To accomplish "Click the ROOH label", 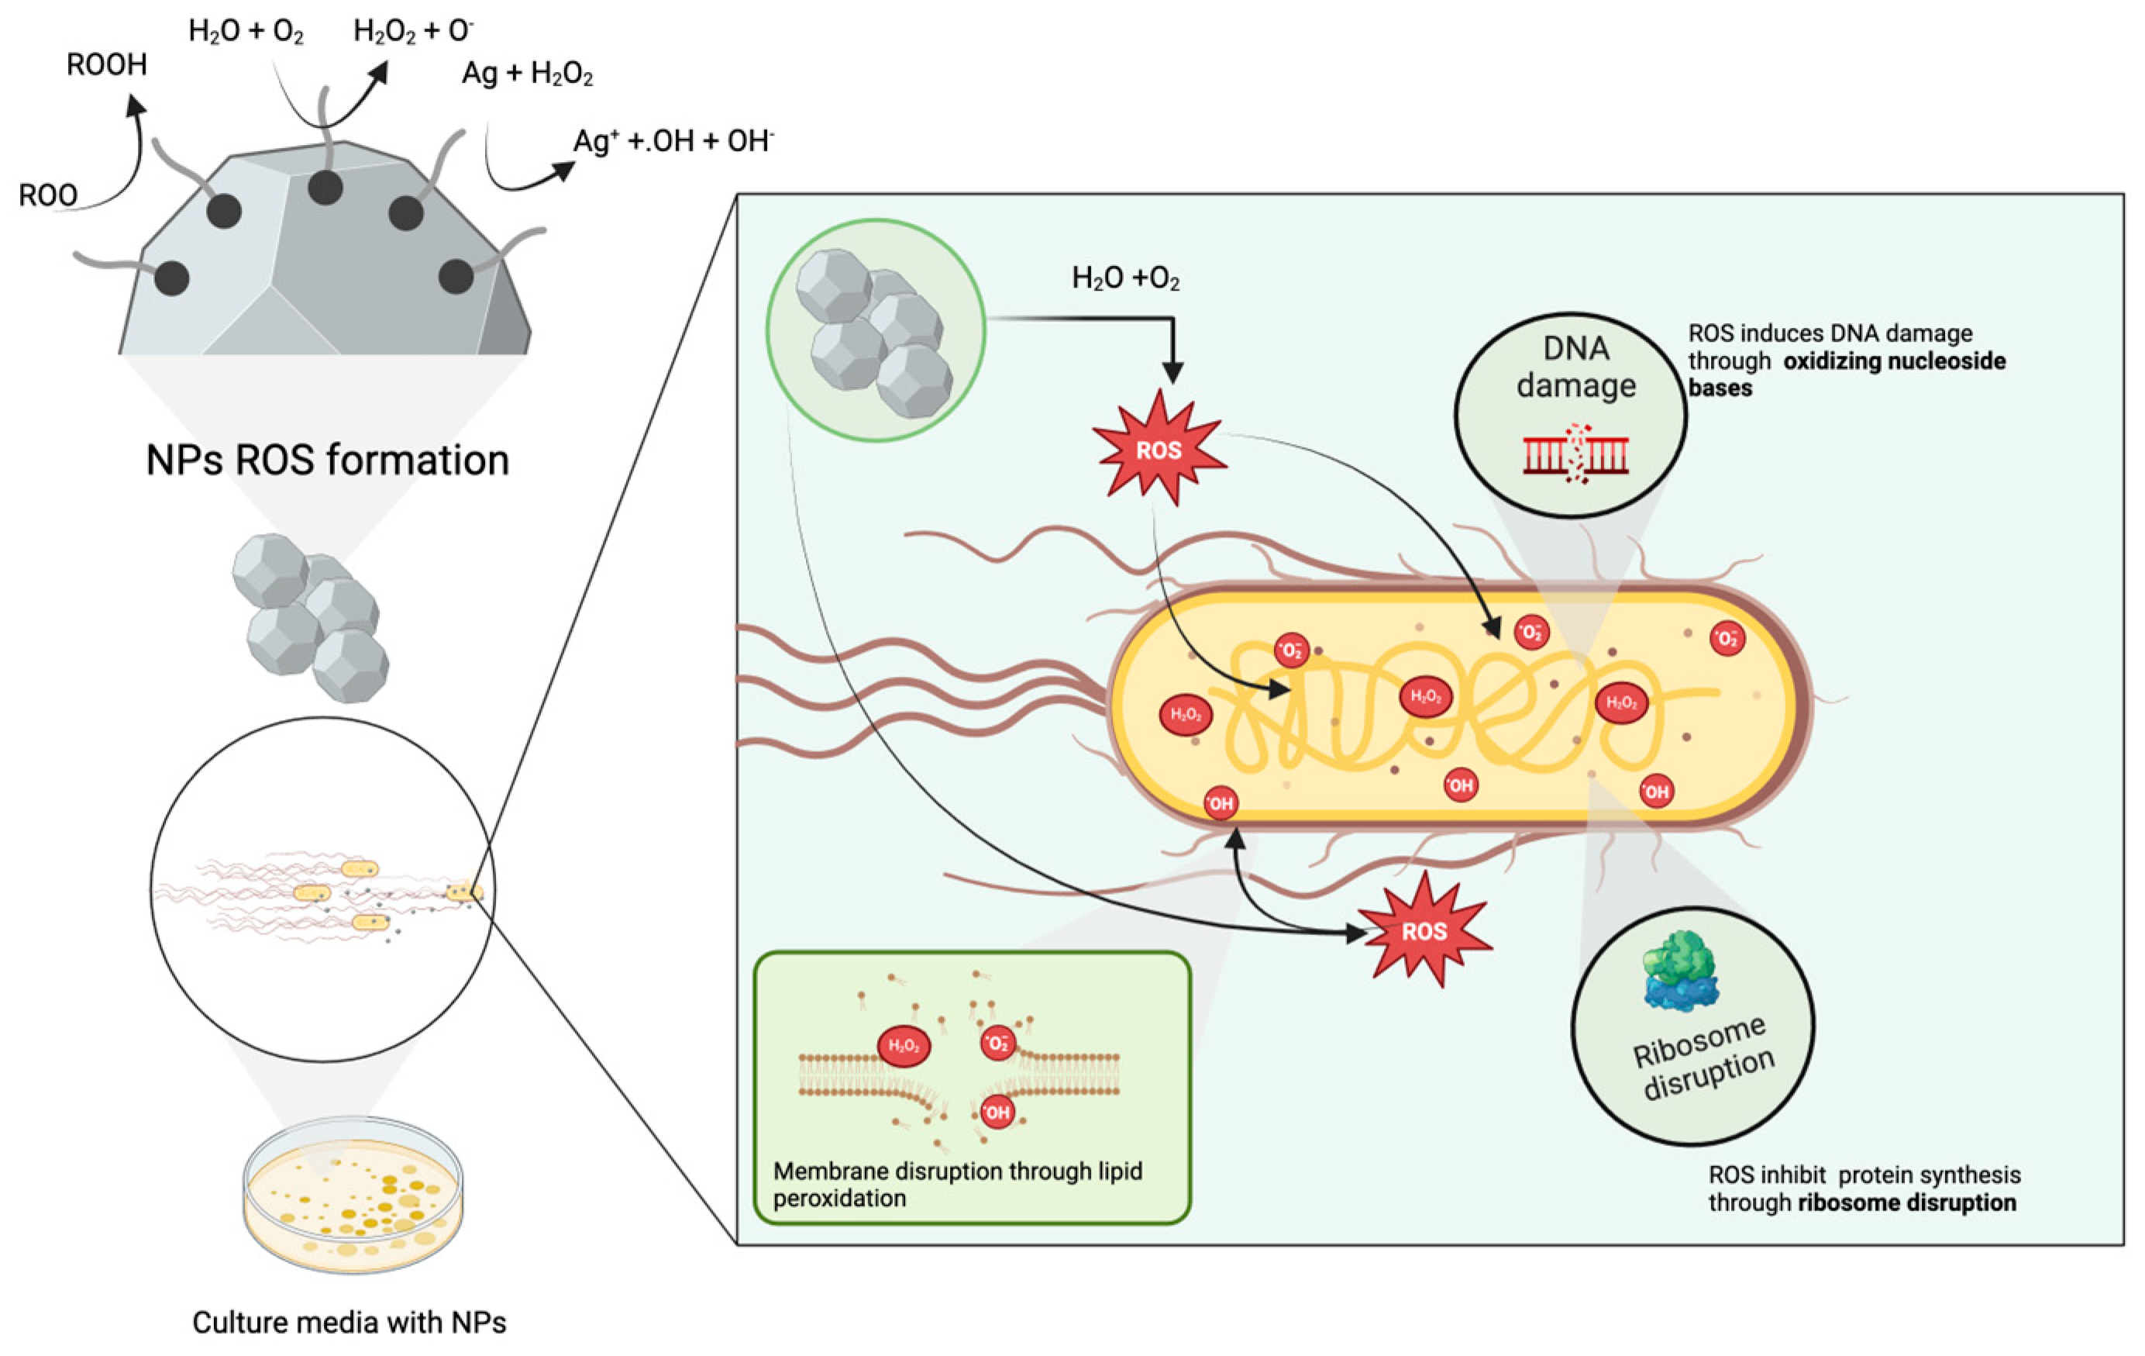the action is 107,64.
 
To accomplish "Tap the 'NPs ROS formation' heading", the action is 328,461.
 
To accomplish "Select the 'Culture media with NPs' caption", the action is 349,1322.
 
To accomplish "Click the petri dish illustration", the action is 353,1195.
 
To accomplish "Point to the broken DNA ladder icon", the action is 1575,454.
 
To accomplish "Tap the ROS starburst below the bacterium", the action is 1424,932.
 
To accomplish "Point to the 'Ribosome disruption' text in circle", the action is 1703,1058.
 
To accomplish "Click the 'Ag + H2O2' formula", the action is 528,74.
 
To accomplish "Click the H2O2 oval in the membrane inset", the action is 904,1046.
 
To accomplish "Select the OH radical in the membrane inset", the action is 997,1112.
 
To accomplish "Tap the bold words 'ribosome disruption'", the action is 1907,1202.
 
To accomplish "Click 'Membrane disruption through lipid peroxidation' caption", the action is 958,1184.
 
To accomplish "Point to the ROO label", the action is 48,195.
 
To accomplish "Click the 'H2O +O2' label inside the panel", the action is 1125,279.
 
